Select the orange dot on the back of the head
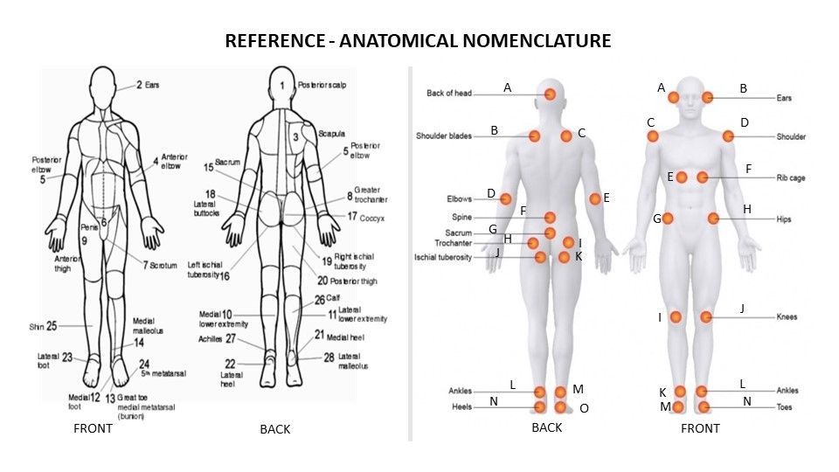[x=550, y=94]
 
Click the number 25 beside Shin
[x=52, y=326]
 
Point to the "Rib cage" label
[x=791, y=177]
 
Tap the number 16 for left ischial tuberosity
[x=224, y=275]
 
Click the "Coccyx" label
[x=371, y=217]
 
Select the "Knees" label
[x=787, y=317]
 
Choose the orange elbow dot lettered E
[x=595, y=199]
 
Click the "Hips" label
[x=784, y=219]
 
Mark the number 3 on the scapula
[x=295, y=137]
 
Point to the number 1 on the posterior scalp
[x=282, y=85]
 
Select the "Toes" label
[x=785, y=407]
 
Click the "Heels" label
[x=461, y=407]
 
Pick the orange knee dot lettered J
[x=706, y=316]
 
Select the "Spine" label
[x=461, y=217]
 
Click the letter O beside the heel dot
[x=584, y=408]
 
